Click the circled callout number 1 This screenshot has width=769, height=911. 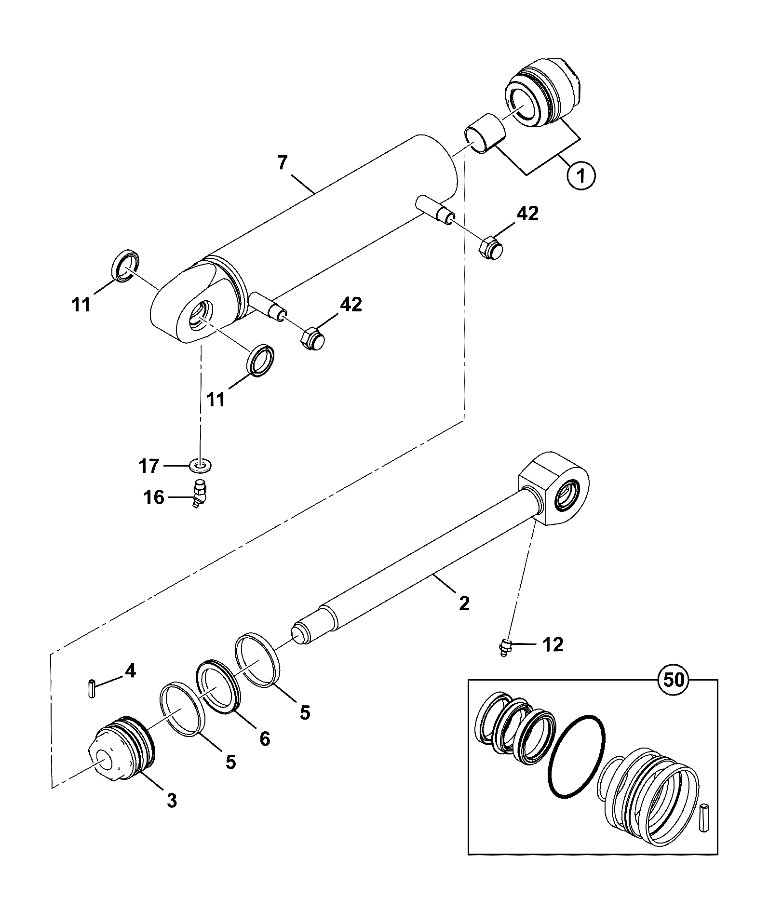click(581, 176)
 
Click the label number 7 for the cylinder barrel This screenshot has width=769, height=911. click(283, 162)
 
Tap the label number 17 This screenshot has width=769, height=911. click(148, 466)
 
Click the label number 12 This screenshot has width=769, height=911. click(553, 644)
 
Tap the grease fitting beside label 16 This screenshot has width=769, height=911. click(199, 493)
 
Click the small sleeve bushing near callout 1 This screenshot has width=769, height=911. click(485, 134)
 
